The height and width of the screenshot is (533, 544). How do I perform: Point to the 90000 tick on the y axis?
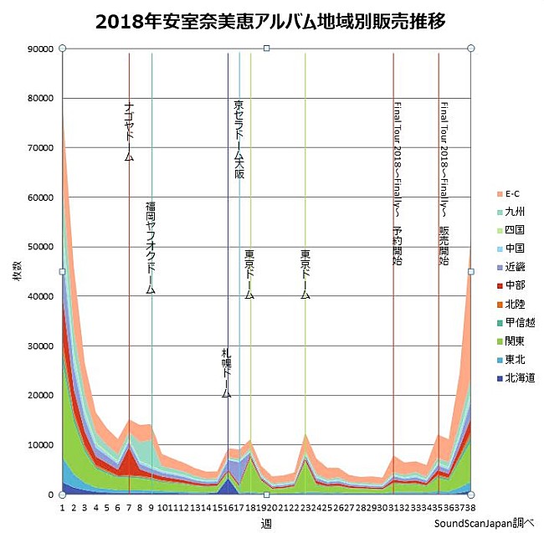tap(41, 49)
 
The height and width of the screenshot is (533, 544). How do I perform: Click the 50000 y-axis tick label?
tap(41, 247)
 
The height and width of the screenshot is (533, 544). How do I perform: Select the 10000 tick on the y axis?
tap(41, 445)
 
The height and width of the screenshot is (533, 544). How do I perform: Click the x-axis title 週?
tap(266, 524)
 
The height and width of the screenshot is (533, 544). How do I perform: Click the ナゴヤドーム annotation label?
tap(129, 131)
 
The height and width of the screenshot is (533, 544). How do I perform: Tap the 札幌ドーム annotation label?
tap(227, 372)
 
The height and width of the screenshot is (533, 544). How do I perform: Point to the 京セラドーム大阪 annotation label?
tap(239, 140)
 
